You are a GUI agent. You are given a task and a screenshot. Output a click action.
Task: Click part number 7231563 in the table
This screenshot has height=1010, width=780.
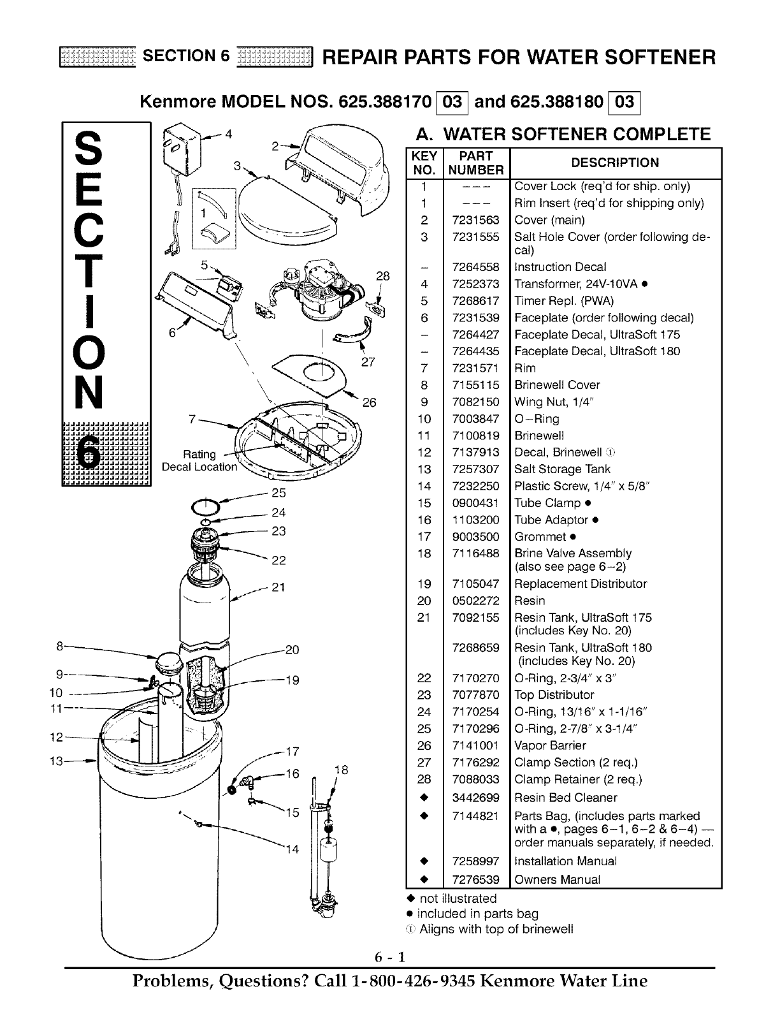(476, 220)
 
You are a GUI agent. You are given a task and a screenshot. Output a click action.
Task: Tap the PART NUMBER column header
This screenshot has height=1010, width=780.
(476, 163)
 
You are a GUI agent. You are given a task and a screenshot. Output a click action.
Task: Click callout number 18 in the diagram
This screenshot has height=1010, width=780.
(341, 770)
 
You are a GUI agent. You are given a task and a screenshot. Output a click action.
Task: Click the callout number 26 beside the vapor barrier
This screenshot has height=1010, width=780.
(370, 402)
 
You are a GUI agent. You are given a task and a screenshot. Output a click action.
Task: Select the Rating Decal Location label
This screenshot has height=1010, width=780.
(199, 460)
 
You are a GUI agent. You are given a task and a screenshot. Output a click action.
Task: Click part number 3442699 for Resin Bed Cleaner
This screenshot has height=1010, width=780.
(476, 798)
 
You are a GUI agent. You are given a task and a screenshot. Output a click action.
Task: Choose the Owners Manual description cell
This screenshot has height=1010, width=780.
(557, 879)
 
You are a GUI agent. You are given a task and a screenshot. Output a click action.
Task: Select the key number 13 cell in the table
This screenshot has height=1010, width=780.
(424, 469)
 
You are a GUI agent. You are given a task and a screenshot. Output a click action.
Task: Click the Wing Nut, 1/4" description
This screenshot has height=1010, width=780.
(554, 402)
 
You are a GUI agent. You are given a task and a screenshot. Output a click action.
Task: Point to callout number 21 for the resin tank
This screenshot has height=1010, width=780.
(278, 587)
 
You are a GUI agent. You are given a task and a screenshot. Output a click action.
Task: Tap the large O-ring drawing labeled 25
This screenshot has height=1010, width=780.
(205, 507)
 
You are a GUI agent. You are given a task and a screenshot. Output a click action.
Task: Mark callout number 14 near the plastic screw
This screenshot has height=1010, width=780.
(292, 850)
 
